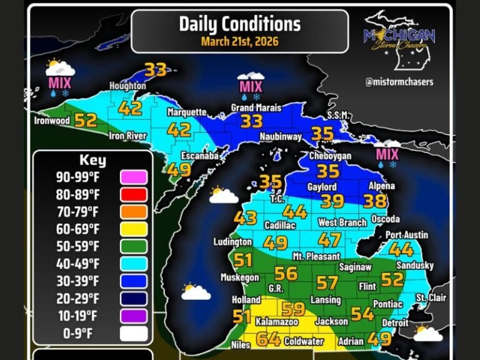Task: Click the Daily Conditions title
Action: coord(239,24)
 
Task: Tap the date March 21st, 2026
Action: coord(239,42)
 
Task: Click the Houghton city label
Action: coord(127,86)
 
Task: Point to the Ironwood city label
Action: coord(52,121)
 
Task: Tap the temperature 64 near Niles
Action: coord(269,339)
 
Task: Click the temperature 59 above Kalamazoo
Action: coord(293,309)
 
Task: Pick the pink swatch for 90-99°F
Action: coord(133,177)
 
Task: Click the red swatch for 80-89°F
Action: coord(133,194)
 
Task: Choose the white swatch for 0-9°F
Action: coord(133,333)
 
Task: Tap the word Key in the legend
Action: coord(92,160)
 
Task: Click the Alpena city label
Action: coord(382,186)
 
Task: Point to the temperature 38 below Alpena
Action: coord(376,201)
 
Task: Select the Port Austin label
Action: coord(406,235)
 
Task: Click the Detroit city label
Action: coord(395,323)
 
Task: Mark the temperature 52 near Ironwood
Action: coord(86,120)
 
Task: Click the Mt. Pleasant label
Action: coord(316,256)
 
